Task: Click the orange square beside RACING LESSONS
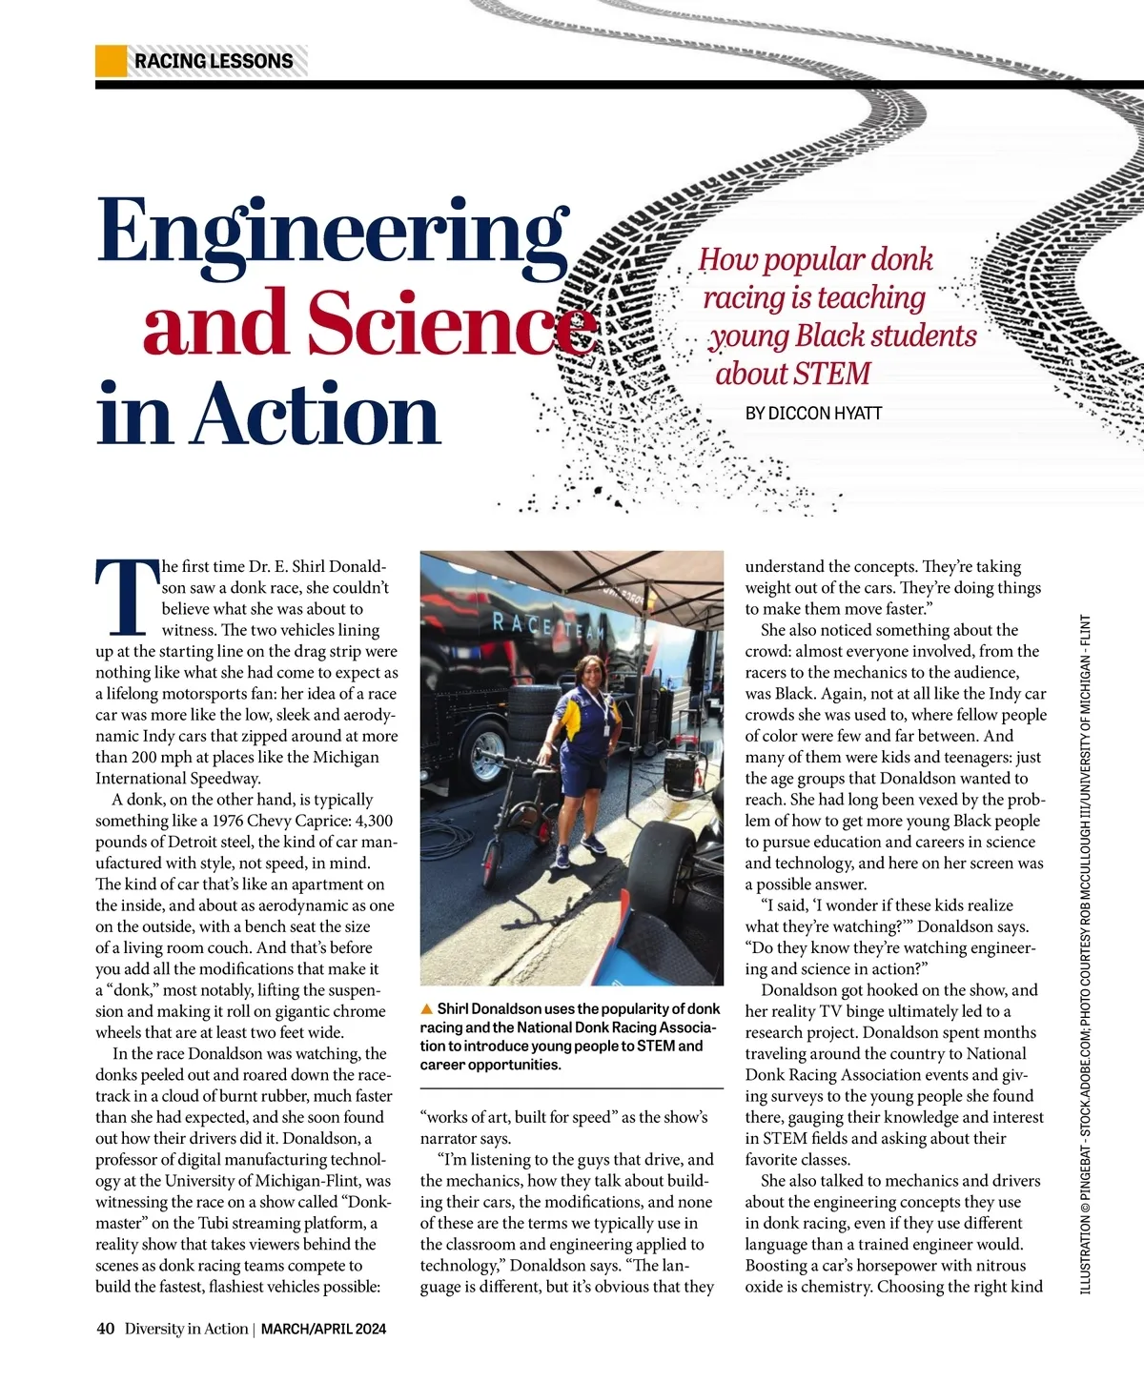112,61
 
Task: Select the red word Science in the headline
448,322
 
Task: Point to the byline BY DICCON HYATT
813,413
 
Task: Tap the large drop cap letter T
125,597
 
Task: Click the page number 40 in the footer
105,1329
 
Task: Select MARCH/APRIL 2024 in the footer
323,1329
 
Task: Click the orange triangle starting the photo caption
427,1008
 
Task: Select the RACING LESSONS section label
214,61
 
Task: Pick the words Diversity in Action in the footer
186,1329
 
